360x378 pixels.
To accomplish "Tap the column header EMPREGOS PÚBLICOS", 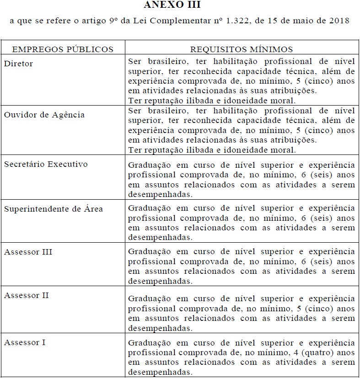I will [63, 49].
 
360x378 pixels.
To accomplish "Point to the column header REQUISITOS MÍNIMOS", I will [242, 49].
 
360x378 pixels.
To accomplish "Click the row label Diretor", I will [18, 64].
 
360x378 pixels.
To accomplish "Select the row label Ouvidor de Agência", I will [44, 115].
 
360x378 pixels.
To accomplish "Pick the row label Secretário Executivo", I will [46, 164].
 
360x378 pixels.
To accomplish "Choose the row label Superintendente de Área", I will [54, 209].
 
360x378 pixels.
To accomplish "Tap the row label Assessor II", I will [27, 295].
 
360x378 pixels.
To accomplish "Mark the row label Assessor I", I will [25, 342].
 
